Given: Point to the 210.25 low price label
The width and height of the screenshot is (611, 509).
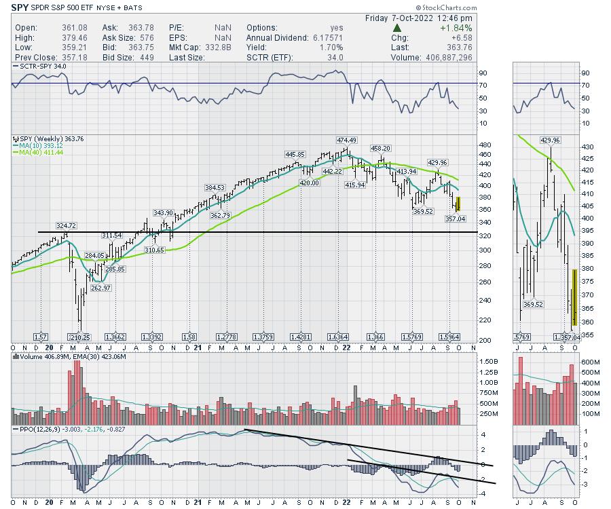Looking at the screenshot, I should [x=79, y=337].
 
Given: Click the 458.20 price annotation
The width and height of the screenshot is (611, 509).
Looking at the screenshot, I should [x=380, y=148].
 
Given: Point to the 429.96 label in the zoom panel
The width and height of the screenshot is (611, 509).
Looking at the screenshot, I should [x=551, y=140].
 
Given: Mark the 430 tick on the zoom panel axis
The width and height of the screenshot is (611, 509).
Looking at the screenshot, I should [x=587, y=147].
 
